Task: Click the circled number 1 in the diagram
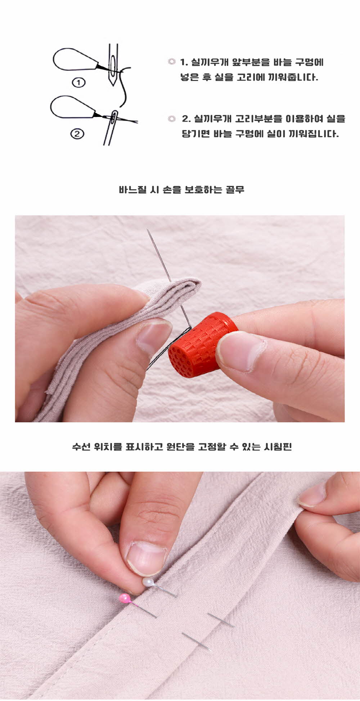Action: pos(79,82)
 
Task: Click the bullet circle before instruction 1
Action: pos(172,62)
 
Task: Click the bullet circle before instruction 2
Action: pos(172,119)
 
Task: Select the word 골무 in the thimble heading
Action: pos(235,190)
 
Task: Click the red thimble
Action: pos(203,345)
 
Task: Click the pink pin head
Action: pos(125,598)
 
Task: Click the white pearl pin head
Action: pos(148,582)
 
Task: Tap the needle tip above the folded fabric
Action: pos(147,230)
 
